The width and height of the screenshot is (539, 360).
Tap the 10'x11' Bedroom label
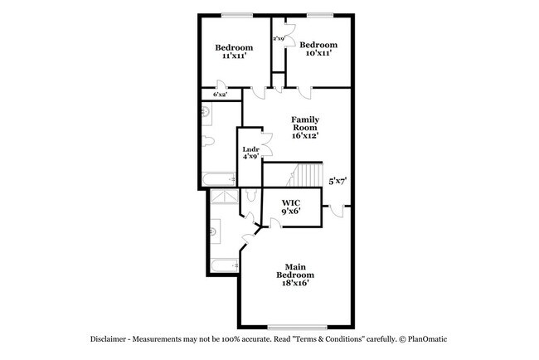(318, 49)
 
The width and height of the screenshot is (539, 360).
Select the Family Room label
(304, 126)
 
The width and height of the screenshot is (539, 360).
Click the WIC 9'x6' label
(290, 207)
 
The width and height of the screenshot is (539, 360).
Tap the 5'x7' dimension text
(337, 180)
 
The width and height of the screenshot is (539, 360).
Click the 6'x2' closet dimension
(221, 95)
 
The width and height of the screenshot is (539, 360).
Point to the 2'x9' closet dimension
(279, 39)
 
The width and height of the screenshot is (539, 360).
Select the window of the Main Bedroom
(296, 325)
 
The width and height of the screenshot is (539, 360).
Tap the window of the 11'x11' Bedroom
(237, 15)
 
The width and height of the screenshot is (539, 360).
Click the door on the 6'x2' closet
(222, 85)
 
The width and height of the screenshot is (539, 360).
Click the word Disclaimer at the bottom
(112, 340)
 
